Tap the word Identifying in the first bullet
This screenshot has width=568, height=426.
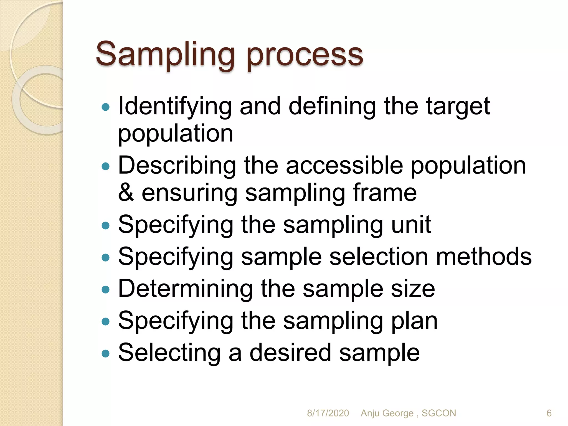175,107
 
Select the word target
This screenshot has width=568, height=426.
458,107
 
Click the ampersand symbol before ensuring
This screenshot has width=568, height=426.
126,192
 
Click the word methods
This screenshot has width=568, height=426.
484,257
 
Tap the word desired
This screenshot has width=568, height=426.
290,353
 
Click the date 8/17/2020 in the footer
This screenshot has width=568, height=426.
328,413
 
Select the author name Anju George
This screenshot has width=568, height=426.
387,413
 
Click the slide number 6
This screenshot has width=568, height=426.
549,413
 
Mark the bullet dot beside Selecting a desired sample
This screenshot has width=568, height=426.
106,354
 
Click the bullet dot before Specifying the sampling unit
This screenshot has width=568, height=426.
106,225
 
